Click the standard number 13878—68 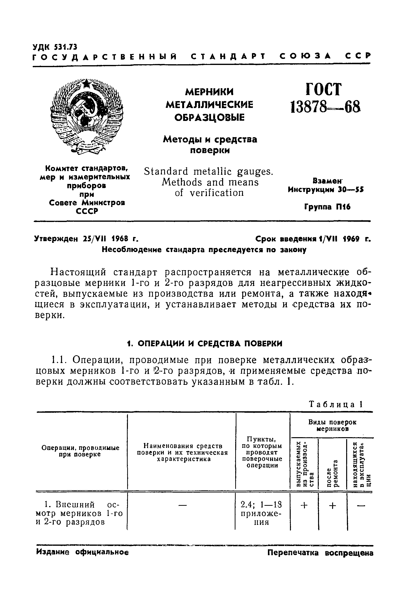tap(325, 107)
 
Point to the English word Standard tap(166, 172)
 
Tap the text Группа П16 tap(327, 207)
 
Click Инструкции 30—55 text tap(325, 190)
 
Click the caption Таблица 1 tap(336, 404)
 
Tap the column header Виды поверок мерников tap(332, 425)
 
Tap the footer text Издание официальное tap(82, 552)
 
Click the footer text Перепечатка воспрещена tap(320, 553)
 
